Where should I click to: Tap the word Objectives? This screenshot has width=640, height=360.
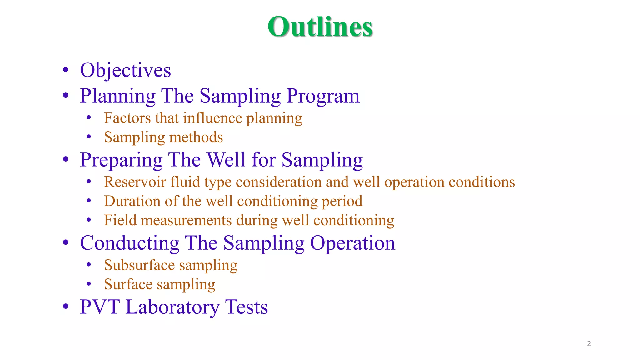click(x=125, y=70)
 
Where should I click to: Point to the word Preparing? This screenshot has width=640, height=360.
click(x=121, y=160)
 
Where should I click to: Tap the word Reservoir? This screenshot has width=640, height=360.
click(x=135, y=182)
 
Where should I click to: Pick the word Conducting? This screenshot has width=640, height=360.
click(x=130, y=243)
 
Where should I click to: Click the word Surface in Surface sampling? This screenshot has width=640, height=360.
click(x=128, y=284)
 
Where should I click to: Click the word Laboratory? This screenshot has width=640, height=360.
click(x=172, y=307)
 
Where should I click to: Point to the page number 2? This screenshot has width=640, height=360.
click(x=589, y=344)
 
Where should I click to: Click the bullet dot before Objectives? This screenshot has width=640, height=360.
click(x=66, y=70)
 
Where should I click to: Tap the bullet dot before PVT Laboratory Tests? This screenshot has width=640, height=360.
click(x=66, y=307)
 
